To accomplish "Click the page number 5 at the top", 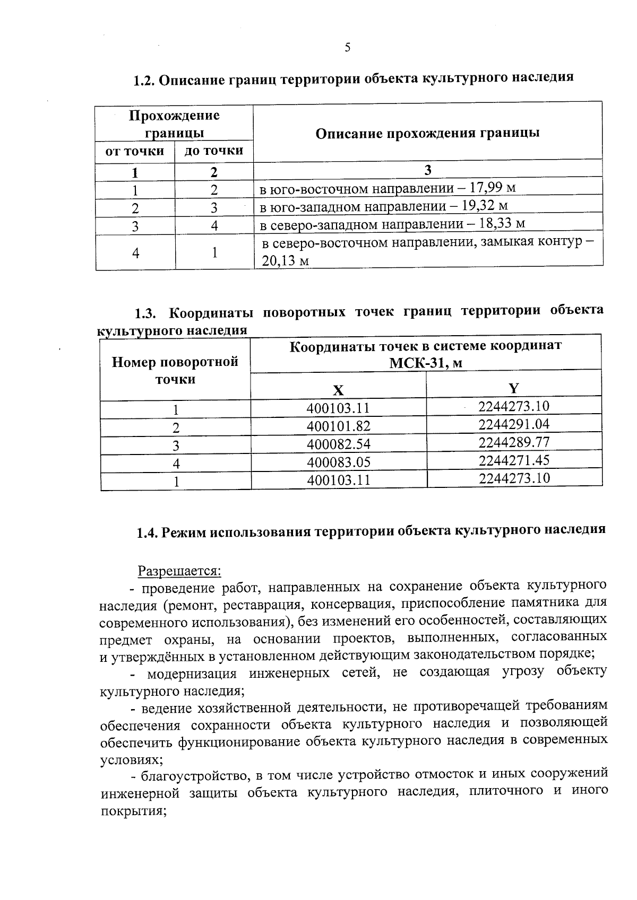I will [x=347, y=48].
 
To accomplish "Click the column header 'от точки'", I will [x=135, y=152].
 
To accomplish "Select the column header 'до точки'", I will [x=214, y=151].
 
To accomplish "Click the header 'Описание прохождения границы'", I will [x=427, y=133].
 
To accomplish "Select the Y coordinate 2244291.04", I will [x=513, y=424].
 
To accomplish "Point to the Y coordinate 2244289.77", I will [x=513, y=442].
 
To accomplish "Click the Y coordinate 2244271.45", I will [x=513, y=460].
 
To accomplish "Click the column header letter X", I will [x=338, y=390].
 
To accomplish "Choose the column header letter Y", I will [x=513, y=388].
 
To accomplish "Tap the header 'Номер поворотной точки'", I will [x=175, y=371].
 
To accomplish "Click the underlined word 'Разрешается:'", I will [x=179, y=571].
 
